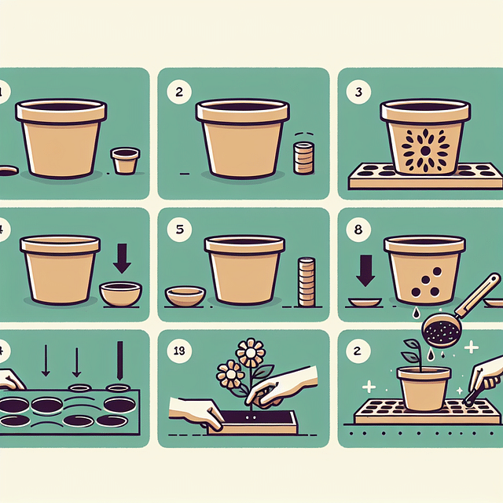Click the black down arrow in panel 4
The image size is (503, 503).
[x=121, y=257]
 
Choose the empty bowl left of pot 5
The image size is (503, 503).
[x=185, y=296]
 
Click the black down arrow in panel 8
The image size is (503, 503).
[x=365, y=270]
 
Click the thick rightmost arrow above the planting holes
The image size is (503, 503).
[x=120, y=361]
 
